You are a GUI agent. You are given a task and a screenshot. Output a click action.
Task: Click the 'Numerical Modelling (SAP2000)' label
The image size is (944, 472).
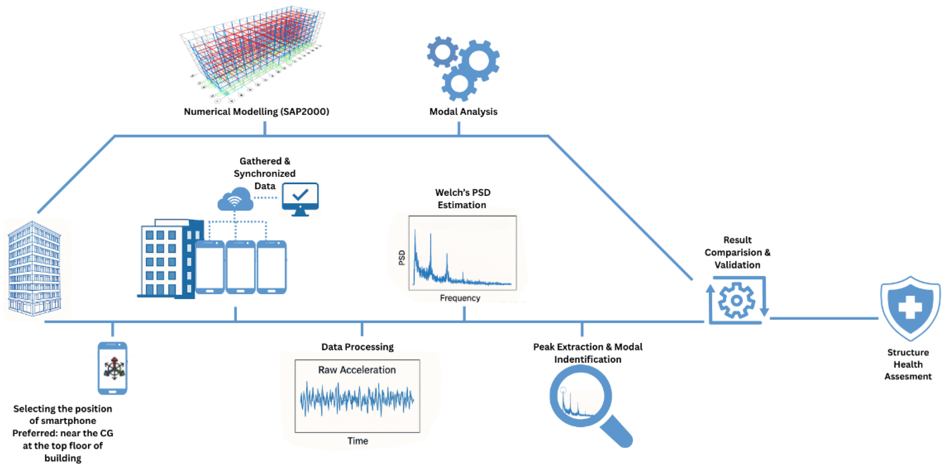256,111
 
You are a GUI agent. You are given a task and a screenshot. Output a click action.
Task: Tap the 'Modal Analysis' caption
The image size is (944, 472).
463,111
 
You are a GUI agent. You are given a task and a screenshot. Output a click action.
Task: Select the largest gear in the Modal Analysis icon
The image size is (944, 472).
479,60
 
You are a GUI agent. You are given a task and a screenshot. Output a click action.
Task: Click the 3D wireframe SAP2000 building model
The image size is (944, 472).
253,51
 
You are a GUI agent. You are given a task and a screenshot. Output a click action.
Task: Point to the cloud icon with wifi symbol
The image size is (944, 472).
235,200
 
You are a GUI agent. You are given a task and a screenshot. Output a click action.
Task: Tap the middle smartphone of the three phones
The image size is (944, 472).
240,267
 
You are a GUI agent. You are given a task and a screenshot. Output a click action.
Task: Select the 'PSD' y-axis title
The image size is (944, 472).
402,257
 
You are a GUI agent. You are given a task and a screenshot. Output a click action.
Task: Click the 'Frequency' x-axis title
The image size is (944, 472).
460,298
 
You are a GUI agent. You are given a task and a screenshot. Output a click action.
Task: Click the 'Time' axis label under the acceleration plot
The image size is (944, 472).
358,440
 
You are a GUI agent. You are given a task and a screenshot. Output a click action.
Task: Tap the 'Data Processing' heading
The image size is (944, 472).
357,347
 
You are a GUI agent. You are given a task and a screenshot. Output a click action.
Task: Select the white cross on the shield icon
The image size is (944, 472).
910,307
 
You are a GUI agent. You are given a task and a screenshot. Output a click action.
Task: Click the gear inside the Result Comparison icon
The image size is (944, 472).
736,301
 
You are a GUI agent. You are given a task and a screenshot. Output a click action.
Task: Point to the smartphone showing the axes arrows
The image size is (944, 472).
113,368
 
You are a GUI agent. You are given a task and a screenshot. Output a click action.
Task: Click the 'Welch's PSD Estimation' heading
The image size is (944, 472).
462,199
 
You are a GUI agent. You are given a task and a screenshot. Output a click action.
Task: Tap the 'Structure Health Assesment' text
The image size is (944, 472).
908,364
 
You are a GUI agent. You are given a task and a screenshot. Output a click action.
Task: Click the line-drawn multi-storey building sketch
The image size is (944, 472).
35,268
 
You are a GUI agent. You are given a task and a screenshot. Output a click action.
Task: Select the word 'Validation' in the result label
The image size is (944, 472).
737,265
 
